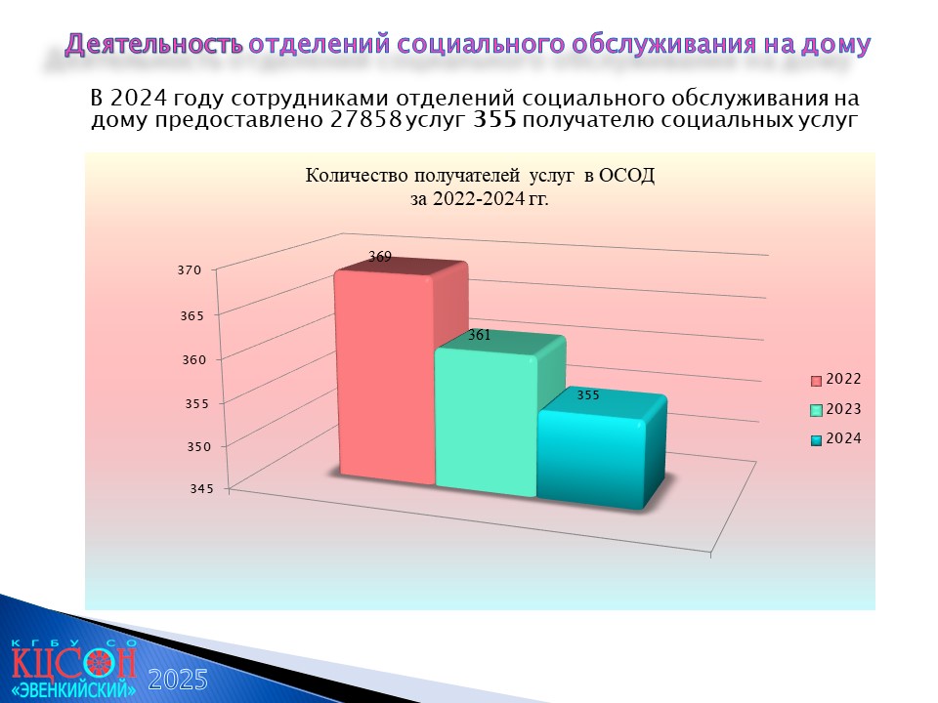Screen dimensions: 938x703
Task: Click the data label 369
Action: pyautogui.click(x=380, y=257)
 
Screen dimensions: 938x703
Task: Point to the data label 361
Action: pyautogui.click(x=479, y=335)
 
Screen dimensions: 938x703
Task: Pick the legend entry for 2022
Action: pyautogui.click(x=836, y=379)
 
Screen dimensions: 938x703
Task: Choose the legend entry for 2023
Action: pyautogui.click(x=836, y=409)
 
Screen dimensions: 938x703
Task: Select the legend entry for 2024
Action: pyautogui.click(x=836, y=438)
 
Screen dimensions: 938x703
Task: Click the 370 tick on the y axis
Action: pyautogui.click(x=190, y=270)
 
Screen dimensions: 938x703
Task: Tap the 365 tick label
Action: pyautogui.click(x=192, y=315)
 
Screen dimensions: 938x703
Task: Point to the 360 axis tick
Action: pyautogui.click(x=194, y=360)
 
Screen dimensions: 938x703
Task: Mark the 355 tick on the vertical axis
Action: pyautogui.click(x=196, y=403)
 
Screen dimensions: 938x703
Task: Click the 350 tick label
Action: pyautogui.click(x=199, y=446)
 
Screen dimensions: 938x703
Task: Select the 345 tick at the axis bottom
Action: pyautogui.click(x=201, y=488)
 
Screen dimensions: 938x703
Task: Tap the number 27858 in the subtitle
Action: pyautogui.click(x=365, y=119)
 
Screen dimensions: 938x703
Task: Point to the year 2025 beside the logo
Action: pyautogui.click(x=178, y=680)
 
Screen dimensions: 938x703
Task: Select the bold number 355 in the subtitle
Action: pyautogui.click(x=494, y=119)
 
